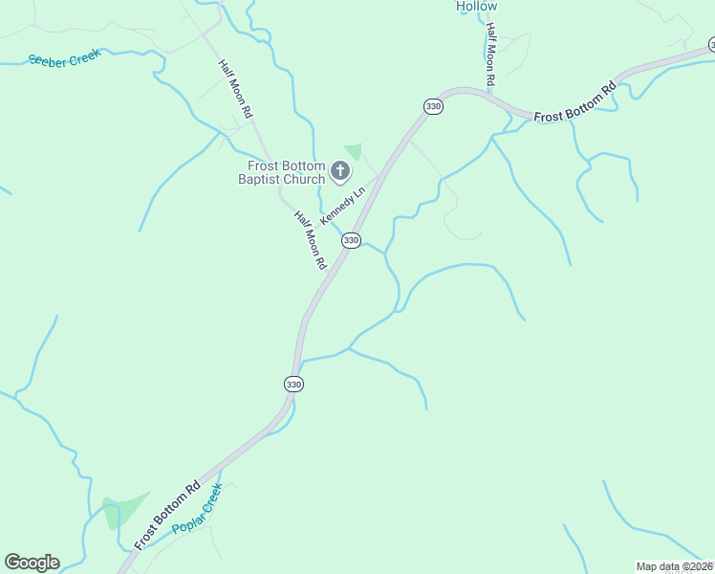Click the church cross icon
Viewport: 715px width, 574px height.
340,171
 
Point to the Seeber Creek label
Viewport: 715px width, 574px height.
65,59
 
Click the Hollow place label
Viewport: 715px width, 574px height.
476,6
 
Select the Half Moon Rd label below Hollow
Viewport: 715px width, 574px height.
490,56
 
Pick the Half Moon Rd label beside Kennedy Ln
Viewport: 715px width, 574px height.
312,239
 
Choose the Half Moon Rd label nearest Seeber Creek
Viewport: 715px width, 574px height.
235,88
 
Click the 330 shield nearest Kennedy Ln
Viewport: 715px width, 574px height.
351,240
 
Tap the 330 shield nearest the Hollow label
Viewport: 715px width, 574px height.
433,106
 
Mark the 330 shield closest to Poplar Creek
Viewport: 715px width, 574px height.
293,384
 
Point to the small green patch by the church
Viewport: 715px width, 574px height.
354,150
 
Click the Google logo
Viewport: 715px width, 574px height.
32,563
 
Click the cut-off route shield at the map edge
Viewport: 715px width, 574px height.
711,44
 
